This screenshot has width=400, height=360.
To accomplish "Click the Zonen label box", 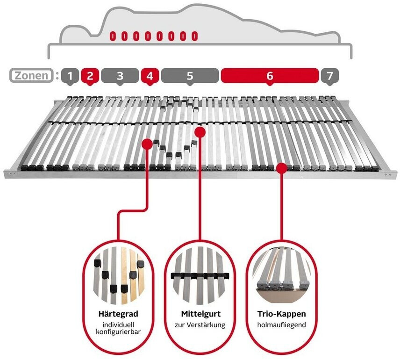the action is coord(32,76).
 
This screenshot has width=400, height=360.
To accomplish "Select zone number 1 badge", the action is coord(70,76).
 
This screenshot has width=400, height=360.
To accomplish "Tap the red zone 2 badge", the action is coord(90,76).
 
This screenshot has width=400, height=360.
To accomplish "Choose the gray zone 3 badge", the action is coord(120,76).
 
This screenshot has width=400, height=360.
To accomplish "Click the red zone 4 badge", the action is coord(150,76).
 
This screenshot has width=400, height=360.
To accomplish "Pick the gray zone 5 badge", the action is coord(190,76).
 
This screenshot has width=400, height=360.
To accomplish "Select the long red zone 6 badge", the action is coord(270,76).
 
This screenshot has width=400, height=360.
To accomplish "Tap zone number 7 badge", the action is coord(330,76).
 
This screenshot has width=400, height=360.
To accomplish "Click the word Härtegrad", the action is coord(118,314).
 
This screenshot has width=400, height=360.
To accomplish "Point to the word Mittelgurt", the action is coord(201,314).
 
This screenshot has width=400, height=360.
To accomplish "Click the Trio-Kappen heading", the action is coord(282,314).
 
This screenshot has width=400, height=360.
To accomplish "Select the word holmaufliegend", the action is coord(282,325).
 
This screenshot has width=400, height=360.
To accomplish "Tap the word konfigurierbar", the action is coord(118,331).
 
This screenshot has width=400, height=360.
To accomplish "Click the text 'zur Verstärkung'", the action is coord(200,325).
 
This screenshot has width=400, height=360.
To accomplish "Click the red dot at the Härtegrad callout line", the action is coord(147,144).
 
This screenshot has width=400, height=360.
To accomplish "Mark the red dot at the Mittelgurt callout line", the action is coord(200,132).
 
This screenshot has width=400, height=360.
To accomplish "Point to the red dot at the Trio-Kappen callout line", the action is coord(282,168).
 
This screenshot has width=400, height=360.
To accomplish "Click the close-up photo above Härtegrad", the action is coord(118,275).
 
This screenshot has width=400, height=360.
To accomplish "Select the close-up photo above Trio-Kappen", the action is coord(282,273).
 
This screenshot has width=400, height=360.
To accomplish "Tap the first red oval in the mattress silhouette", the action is coord(113,36).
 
